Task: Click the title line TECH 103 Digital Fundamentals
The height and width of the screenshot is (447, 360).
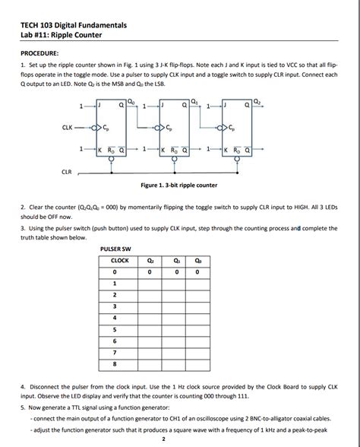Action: click(x=74, y=25)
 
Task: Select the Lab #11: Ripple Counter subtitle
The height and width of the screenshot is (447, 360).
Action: click(x=61, y=35)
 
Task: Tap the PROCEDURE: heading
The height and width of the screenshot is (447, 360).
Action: click(x=39, y=53)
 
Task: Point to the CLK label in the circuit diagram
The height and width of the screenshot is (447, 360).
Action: click(x=68, y=128)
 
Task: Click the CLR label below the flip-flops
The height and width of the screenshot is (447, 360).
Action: click(x=67, y=172)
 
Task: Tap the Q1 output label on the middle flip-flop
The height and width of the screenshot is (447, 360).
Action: click(x=197, y=99)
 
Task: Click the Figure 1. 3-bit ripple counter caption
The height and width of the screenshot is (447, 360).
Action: click(x=179, y=185)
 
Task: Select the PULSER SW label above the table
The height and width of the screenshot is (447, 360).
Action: click(x=116, y=248)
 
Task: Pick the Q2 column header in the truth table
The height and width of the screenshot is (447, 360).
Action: click(x=150, y=260)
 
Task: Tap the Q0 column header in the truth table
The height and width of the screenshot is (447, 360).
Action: click(x=197, y=260)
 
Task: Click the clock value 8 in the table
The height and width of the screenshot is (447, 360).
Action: click(x=115, y=363)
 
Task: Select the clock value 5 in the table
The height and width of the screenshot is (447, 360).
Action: click(x=115, y=329)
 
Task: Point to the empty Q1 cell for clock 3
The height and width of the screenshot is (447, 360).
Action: click(x=174, y=306)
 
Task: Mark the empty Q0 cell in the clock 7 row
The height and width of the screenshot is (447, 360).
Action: click(x=197, y=352)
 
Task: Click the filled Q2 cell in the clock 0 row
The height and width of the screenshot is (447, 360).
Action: click(x=150, y=271)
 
